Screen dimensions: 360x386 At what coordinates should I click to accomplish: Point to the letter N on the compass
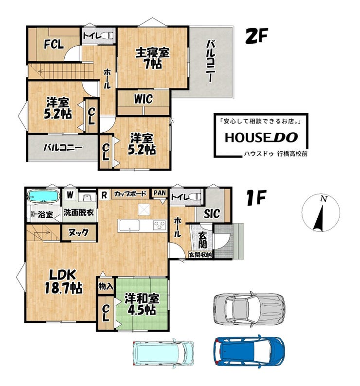click(x=324, y=199)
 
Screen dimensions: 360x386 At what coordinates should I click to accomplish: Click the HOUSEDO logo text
click(x=261, y=138)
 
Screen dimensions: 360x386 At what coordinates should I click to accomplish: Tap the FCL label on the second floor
click(x=54, y=45)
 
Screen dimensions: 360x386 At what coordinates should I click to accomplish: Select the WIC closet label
click(x=144, y=99)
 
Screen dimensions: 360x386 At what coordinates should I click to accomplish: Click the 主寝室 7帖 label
click(x=153, y=59)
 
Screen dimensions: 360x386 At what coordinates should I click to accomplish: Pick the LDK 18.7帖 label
click(x=63, y=281)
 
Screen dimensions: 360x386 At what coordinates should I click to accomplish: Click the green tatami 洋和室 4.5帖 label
click(x=142, y=304)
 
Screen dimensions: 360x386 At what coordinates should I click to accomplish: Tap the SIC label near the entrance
click(x=212, y=214)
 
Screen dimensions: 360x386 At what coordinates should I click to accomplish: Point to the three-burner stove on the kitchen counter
click(x=160, y=225)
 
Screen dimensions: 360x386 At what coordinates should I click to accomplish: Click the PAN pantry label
click(x=160, y=193)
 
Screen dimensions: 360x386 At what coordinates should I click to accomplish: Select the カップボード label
click(x=130, y=194)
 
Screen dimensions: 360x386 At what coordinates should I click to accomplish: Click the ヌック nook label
click(x=78, y=232)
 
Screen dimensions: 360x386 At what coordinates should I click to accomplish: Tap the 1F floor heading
click(x=256, y=199)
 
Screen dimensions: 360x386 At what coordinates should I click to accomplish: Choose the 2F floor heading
click(x=256, y=36)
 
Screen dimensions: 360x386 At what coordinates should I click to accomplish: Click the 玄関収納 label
click(x=200, y=255)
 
